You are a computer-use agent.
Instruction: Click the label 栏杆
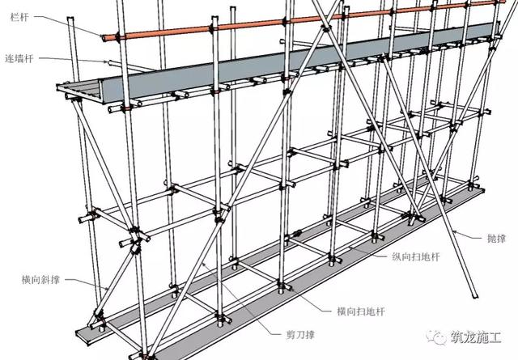[x=19, y=17]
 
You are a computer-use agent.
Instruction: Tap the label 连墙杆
[x=19, y=58]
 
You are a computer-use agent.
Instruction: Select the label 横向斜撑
[x=40, y=280]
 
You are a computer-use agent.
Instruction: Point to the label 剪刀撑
[x=300, y=335]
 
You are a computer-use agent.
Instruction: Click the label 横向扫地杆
[x=361, y=311]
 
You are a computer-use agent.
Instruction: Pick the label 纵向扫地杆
[x=416, y=256]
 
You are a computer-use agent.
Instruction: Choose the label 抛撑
[x=496, y=238]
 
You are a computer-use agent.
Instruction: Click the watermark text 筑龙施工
[x=477, y=337]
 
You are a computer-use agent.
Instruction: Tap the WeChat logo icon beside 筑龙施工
[x=436, y=337]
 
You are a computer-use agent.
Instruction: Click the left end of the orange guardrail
[x=104, y=38]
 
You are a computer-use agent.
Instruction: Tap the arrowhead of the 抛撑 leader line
[x=454, y=232]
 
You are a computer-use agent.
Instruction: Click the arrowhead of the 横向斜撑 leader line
[x=107, y=289]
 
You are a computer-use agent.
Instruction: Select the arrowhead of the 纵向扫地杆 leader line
[x=350, y=247]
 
